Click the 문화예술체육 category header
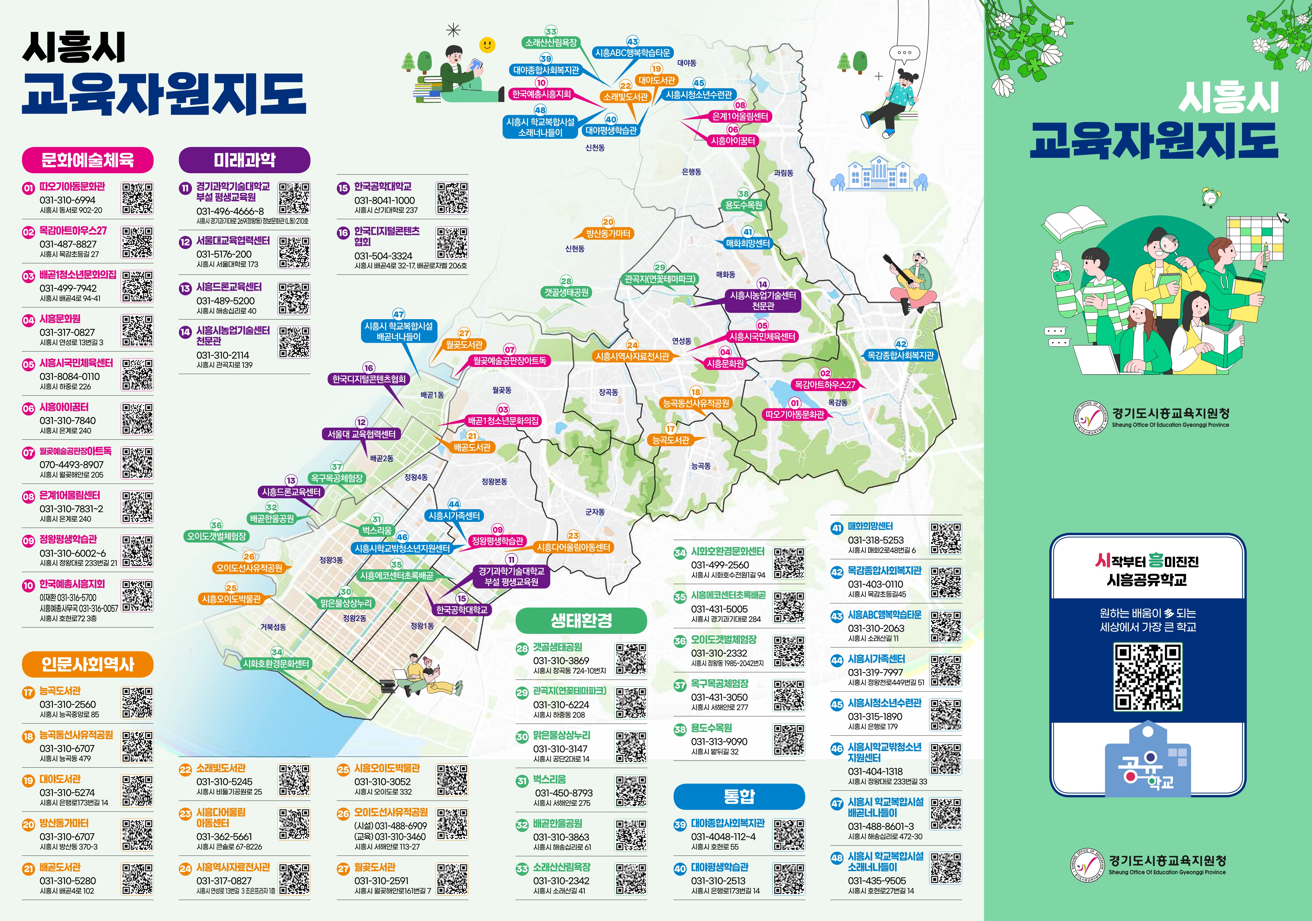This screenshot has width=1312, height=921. pos(87,160)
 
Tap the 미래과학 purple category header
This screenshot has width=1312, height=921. pos(245,160)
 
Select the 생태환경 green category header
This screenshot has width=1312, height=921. pos(581,620)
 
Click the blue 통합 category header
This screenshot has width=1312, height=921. pos(739,797)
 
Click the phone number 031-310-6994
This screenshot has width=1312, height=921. pos(67,200)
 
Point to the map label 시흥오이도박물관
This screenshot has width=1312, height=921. pos(231,599)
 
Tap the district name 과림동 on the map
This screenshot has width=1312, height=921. pos(783,173)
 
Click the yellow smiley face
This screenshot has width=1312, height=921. pos(487,45)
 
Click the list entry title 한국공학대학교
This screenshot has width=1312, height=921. pos(382,187)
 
